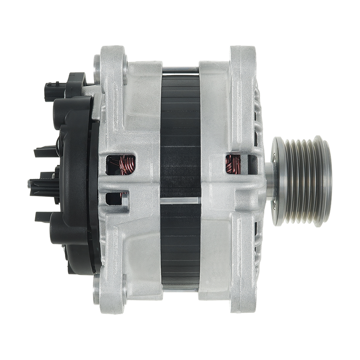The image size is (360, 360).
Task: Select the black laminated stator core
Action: pos(180,135)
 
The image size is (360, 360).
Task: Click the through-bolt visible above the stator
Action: pos(180,69)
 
